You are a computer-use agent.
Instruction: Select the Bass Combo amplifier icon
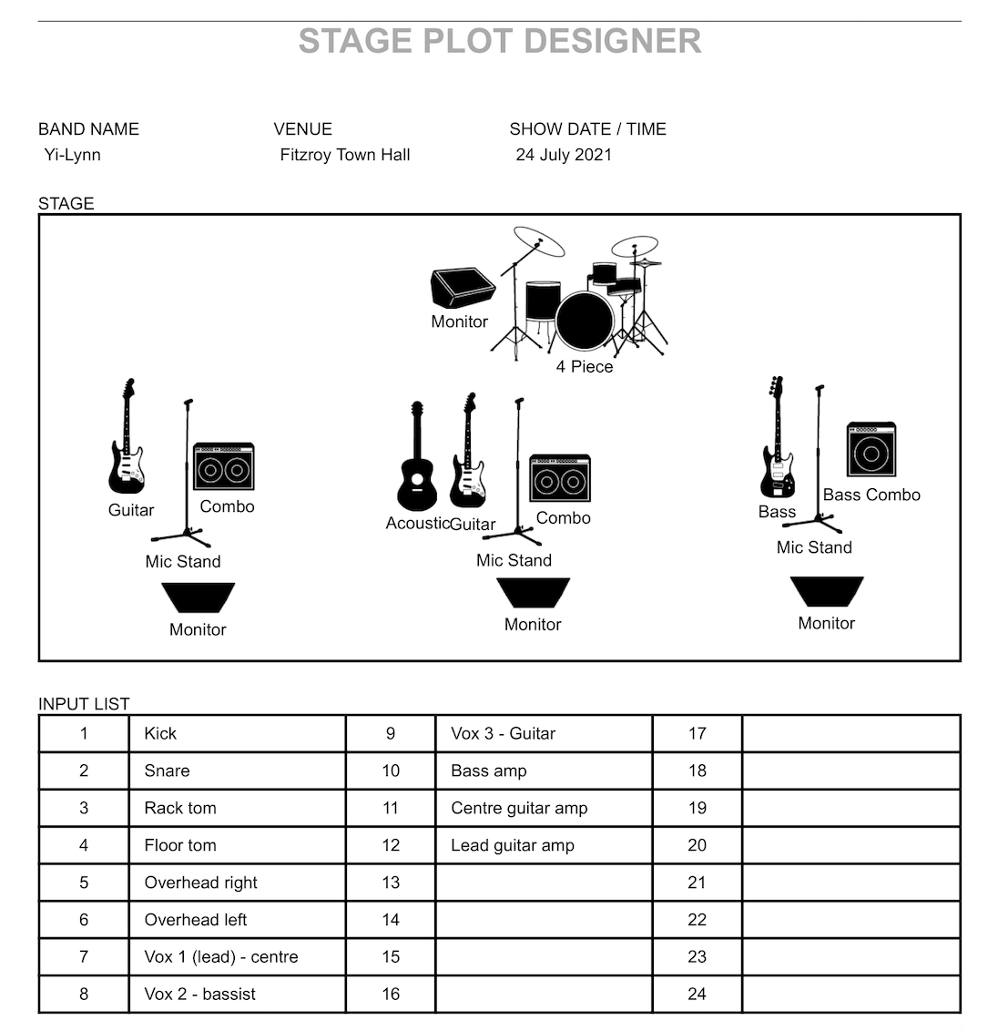[871, 450]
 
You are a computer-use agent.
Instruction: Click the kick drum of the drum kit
[585, 320]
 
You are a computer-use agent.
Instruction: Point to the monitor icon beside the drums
[462, 287]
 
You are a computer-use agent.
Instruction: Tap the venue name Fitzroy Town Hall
[345, 155]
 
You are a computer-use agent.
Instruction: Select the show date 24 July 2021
[564, 155]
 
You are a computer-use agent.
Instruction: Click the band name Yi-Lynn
[73, 155]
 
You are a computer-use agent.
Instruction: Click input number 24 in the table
[698, 995]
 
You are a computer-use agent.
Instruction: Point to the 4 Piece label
[585, 367]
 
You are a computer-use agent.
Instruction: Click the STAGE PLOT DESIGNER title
[500, 42]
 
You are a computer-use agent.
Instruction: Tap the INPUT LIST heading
[84, 704]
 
